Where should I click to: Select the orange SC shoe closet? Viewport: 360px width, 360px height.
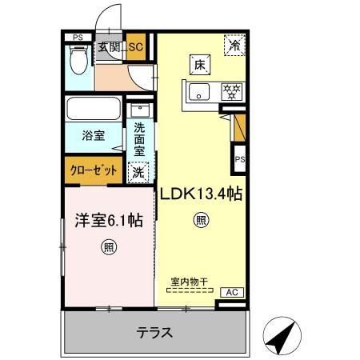(135, 48)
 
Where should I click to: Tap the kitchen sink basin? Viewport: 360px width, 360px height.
(198, 90)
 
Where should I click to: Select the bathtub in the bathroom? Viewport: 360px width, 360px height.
(93, 108)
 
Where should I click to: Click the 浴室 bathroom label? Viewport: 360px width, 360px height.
(93, 136)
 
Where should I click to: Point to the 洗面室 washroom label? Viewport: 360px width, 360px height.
(139, 138)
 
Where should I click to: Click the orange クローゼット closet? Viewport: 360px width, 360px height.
(93, 170)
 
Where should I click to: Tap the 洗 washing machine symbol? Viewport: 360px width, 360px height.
(139, 170)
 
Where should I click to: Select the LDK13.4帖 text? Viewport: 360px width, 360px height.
(202, 193)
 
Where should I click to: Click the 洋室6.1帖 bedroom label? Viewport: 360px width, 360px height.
(102, 219)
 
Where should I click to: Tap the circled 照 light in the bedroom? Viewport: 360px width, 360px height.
(109, 247)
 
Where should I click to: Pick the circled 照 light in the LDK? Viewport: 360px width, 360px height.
(202, 221)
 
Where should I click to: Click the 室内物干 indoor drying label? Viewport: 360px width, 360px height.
(189, 281)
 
